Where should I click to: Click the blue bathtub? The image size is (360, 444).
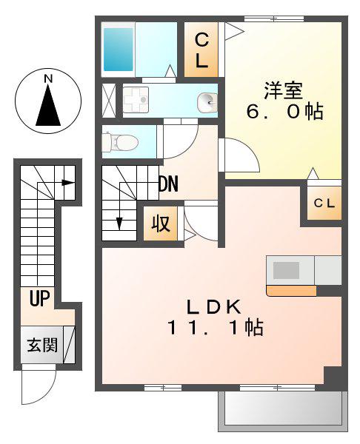(x=119, y=50)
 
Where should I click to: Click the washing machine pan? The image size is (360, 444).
(x=136, y=100)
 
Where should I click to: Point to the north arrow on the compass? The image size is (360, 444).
(x=48, y=105)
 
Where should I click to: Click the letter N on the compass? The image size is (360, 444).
(x=48, y=78)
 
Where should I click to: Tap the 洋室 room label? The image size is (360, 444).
(x=283, y=90)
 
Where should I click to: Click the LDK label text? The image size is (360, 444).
(x=213, y=306)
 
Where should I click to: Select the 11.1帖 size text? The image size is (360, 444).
(x=216, y=327)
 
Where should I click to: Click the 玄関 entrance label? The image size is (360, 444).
(x=42, y=345)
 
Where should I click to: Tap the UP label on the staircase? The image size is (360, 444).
(x=40, y=298)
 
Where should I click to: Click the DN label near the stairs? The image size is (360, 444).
(x=168, y=184)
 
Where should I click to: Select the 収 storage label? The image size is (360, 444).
(x=161, y=223)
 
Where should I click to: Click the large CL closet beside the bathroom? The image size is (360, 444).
(x=201, y=50)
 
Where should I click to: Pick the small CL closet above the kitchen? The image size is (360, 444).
(x=324, y=203)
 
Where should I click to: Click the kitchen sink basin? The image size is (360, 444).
(x=286, y=270)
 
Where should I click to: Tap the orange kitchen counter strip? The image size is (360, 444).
(x=292, y=291)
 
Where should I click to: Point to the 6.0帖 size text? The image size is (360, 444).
(x=285, y=111)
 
